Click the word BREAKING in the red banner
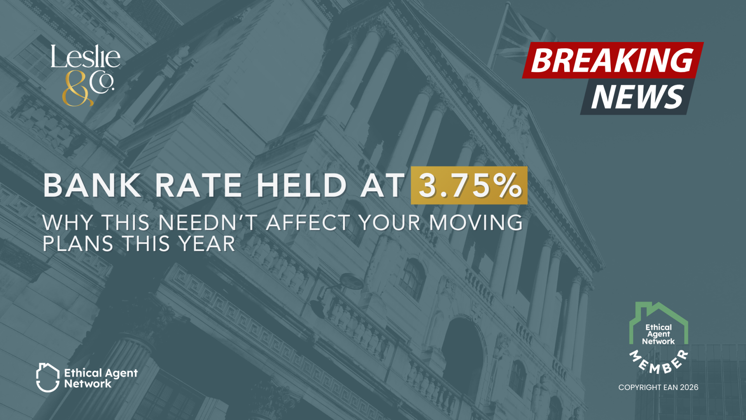tap(612, 60)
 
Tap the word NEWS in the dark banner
tap(637, 97)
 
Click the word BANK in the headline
tap(92, 185)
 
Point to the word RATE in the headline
tap(199, 185)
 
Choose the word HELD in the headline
tap(302, 185)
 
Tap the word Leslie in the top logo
tap(85, 57)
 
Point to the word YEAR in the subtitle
tap(207, 244)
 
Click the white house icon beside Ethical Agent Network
tap(48, 377)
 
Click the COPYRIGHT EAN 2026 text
tap(658, 387)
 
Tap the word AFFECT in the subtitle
tap(308, 223)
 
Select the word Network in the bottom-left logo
tap(88, 384)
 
